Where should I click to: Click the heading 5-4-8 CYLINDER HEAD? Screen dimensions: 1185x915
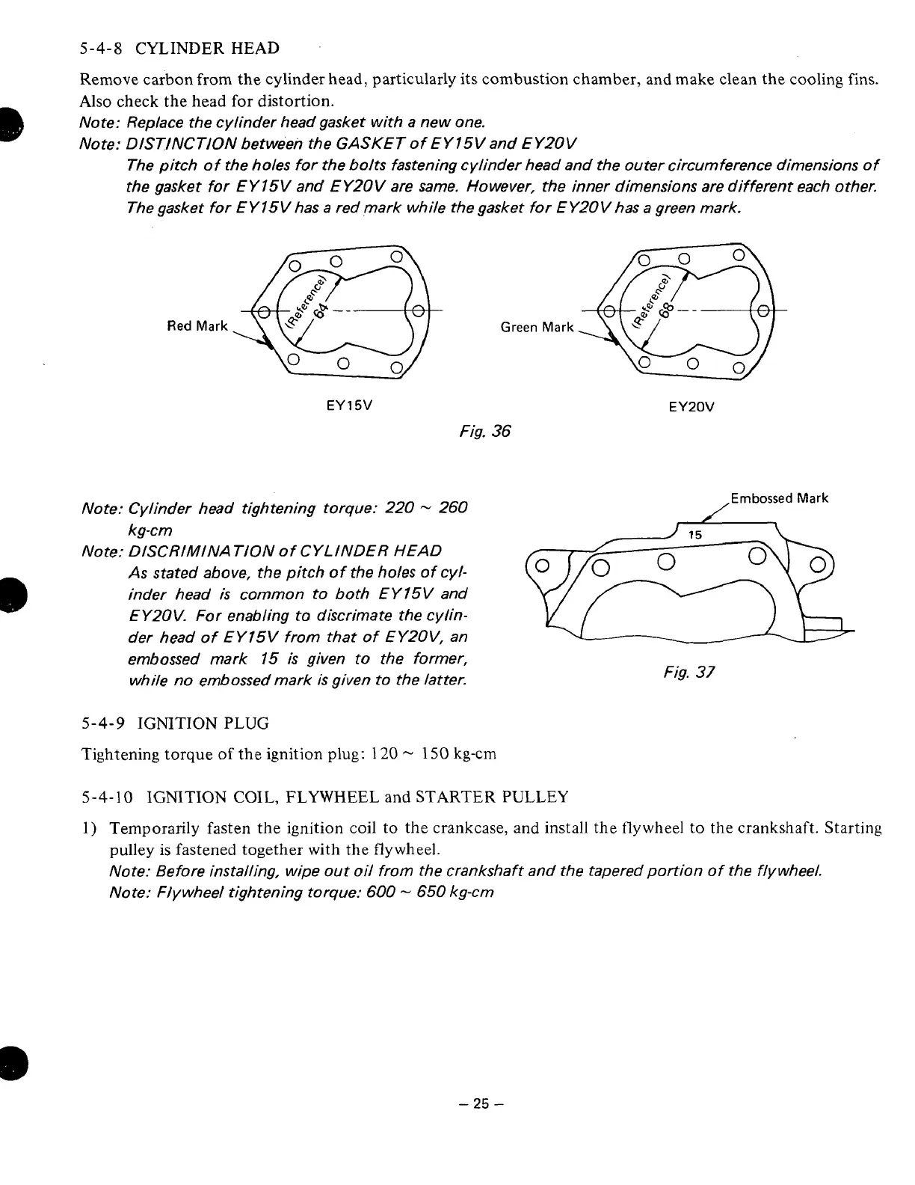coord(179,49)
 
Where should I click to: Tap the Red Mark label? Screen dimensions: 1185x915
coord(197,326)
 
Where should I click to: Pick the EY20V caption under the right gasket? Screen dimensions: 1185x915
coord(691,407)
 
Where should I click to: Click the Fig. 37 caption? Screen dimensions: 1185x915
coord(689,672)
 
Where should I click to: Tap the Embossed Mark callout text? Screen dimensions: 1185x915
coord(780,498)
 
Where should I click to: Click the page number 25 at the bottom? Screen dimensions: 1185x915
coord(480,1103)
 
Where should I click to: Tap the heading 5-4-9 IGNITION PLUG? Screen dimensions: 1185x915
coord(174,723)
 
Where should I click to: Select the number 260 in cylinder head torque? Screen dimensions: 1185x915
coord(453,508)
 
